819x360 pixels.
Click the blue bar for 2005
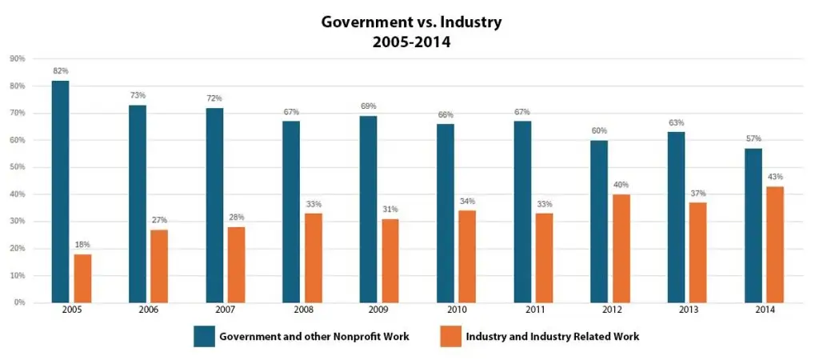point(60,192)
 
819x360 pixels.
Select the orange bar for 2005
point(83,278)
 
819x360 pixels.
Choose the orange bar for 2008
point(314,258)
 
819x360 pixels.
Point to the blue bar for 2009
point(367,210)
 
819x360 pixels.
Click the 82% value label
point(60,71)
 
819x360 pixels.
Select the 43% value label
point(774,177)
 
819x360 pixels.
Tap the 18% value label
point(83,245)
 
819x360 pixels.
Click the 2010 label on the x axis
point(456,310)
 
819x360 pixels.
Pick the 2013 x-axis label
point(686,310)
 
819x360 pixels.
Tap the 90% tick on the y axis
point(18,59)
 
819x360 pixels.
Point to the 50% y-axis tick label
point(18,167)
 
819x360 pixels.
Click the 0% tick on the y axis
point(19,302)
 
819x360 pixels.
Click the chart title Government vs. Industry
point(411,22)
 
